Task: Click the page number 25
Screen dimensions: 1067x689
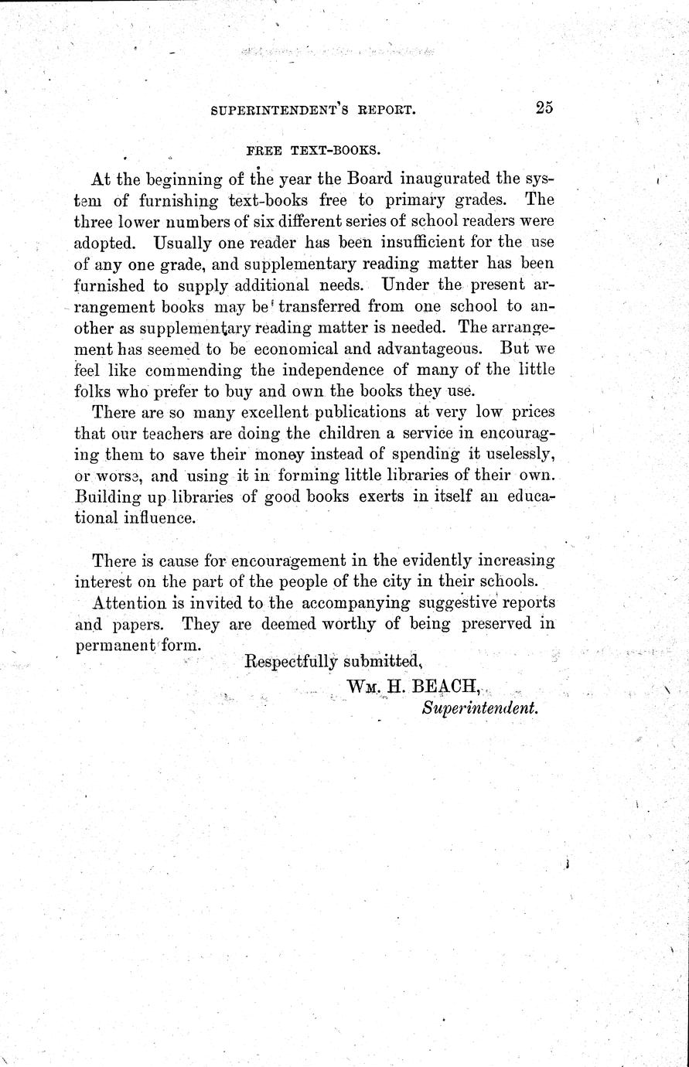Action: [544, 108]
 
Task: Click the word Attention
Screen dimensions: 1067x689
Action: [129, 602]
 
